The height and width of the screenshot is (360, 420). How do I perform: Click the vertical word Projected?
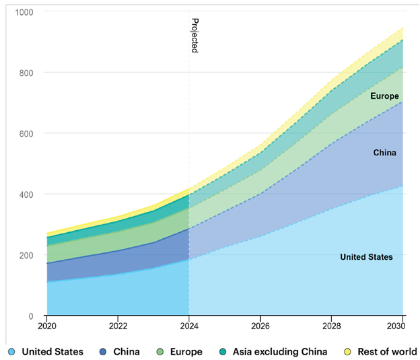(x=195, y=36)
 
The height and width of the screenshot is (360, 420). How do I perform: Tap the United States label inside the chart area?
(x=366, y=257)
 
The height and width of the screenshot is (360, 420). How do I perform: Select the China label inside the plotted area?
(x=384, y=153)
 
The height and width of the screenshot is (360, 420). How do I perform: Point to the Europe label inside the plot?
(x=384, y=96)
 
